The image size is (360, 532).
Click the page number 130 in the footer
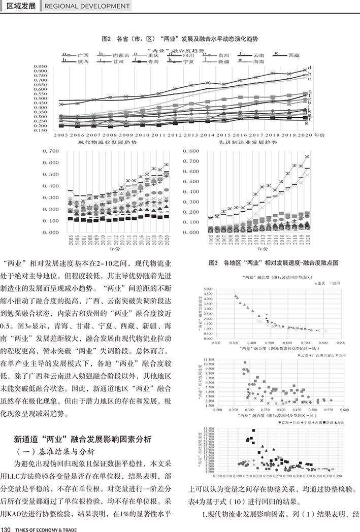[x=7, y=526]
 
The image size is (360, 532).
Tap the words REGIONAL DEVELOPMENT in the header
[x=87, y=6]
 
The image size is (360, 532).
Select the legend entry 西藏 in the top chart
[x=293, y=54]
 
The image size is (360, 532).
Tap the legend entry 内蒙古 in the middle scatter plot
[x=330, y=357]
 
